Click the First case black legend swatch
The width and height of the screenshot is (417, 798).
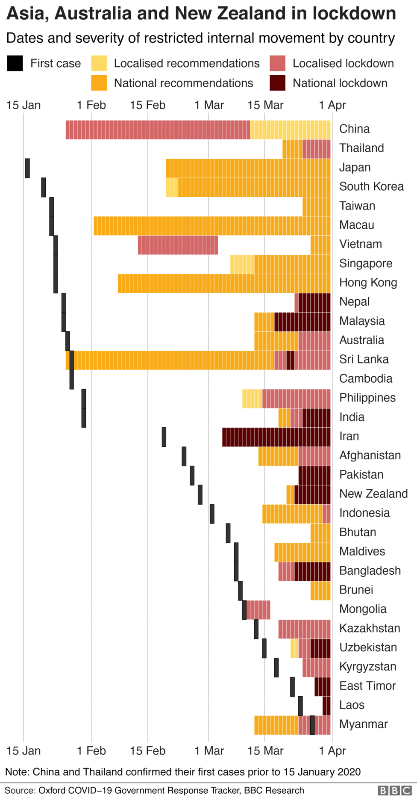(15, 63)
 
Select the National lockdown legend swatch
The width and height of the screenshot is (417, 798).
(278, 83)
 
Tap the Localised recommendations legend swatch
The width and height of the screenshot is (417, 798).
(99, 63)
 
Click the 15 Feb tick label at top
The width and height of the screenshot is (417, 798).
(147, 105)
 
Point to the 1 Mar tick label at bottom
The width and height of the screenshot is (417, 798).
(209, 751)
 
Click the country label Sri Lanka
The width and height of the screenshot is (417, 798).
(364, 359)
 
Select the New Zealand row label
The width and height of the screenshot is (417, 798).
(373, 494)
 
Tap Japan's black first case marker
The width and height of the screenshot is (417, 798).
(27, 168)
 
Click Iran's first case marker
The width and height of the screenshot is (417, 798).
(164, 437)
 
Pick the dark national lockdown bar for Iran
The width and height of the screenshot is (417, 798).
(276, 437)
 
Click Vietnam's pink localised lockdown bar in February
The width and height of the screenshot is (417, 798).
(178, 245)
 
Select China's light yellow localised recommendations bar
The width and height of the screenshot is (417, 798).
(290, 130)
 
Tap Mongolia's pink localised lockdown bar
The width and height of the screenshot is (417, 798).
(258, 609)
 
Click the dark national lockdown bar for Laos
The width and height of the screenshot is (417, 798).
(326, 706)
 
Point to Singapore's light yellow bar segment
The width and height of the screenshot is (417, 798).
(242, 264)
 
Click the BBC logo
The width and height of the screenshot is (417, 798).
(395, 790)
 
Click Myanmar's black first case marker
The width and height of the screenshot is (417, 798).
(312, 725)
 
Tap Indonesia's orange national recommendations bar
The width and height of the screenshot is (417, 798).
(292, 514)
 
